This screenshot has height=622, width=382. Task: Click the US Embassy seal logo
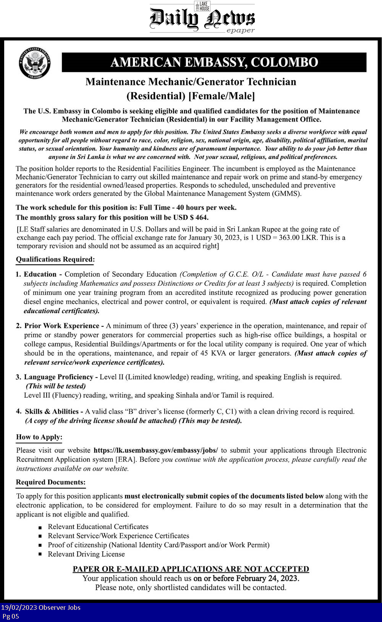point(35,63)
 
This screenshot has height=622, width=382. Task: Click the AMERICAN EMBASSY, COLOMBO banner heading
point(214,62)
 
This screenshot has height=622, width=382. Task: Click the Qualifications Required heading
point(55,259)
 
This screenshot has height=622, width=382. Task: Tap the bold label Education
point(40,274)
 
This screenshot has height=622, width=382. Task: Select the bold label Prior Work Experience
point(62,326)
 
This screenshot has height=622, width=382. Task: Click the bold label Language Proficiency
point(58,377)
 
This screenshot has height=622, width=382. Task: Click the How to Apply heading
point(39,437)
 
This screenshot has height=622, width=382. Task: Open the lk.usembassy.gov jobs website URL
point(155,450)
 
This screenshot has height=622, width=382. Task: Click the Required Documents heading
point(50,482)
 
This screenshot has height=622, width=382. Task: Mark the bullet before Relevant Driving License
point(40,554)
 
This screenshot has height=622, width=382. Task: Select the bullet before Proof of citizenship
point(40,545)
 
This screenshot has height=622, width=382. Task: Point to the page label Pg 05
point(11,616)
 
